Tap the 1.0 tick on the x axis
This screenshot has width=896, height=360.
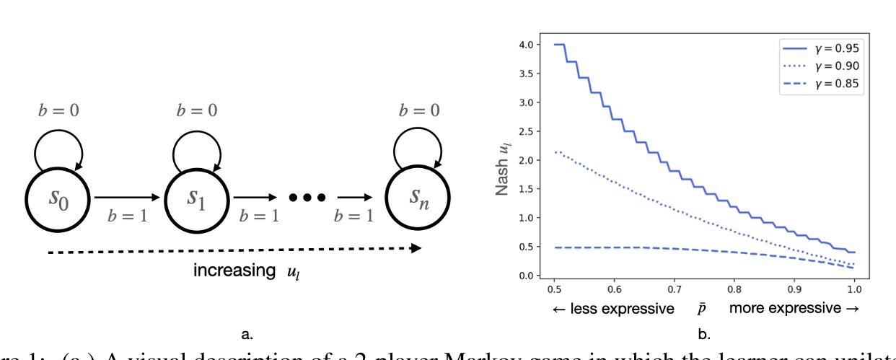(853, 287)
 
